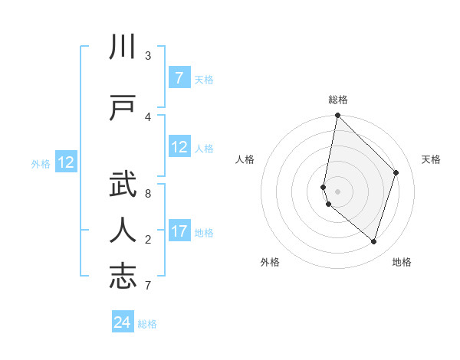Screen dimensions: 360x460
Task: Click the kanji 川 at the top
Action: click(x=123, y=47)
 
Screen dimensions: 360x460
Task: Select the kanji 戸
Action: click(x=123, y=108)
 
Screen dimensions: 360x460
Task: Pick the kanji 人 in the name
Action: click(x=123, y=230)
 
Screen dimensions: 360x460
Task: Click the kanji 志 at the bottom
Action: click(x=123, y=277)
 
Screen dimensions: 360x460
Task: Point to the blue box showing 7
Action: click(x=179, y=78)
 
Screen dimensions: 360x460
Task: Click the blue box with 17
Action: click(x=179, y=231)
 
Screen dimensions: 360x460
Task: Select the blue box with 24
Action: click(x=123, y=322)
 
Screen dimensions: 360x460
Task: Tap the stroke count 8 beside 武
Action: click(x=148, y=193)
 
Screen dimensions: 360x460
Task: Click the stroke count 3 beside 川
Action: click(x=148, y=56)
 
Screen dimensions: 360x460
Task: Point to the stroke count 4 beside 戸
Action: click(x=148, y=117)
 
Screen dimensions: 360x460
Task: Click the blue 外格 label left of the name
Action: click(x=41, y=163)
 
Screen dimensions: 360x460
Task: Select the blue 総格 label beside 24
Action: click(x=147, y=324)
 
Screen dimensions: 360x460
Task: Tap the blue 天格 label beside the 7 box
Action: click(x=204, y=79)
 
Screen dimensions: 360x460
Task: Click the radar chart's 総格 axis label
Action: click(x=337, y=100)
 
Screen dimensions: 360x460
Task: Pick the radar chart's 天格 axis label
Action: click(x=431, y=159)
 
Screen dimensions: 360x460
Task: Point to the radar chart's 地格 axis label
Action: click(x=402, y=262)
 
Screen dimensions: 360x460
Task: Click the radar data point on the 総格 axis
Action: click(x=337, y=116)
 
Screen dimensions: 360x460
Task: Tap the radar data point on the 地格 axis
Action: click(x=373, y=241)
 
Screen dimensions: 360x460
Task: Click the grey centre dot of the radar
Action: click(x=337, y=191)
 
